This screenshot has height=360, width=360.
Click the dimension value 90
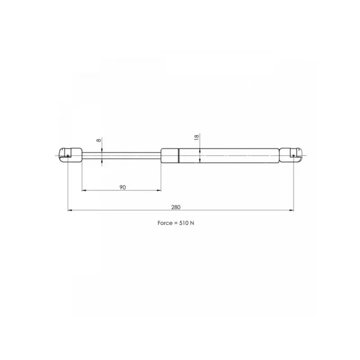tap(122, 187)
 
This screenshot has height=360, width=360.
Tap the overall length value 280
tap(176, 207)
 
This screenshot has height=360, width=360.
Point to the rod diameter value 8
tap(99, 140)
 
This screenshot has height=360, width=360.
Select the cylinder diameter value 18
tap(197, 137)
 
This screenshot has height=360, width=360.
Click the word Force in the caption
tap(165, 223)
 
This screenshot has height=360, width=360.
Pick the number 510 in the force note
tap(184, 223)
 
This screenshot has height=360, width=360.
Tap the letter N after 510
tap(192, 223)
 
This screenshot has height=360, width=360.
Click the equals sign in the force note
tap(176, 223)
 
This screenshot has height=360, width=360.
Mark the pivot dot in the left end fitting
tap(68, 156)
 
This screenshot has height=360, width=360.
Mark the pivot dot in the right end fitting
tap(294, 156)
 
